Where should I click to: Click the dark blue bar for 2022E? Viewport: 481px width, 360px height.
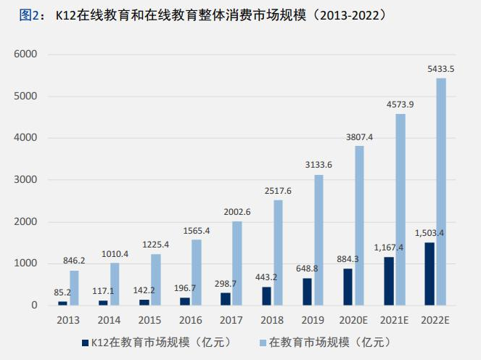pyautogui.click(x=429, y=274)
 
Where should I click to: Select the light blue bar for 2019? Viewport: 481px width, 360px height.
pyautogui.click(x=318, y=240)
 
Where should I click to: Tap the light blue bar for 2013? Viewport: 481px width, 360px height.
pyautogui.click(x=74, y=288)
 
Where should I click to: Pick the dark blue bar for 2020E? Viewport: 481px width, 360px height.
pyautogui.click(x=348, y=287)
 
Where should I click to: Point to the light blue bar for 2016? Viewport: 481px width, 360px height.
pyautogui.click(x=197, y=272)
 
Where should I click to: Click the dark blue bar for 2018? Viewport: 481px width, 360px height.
pyautogui.click(x=266, y=296)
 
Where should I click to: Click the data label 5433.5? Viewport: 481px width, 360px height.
pyautogui.click(x=441, y=69)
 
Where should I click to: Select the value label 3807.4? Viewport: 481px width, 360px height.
pyautogui.click(x=359, y=137)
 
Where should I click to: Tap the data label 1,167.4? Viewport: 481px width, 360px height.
pyautogui.click(x=388, y=247)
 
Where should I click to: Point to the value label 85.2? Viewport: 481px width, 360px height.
pyautogui.click(x=62, y=292)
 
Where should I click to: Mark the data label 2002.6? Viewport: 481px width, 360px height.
pyautogui.click(x=237, y=212)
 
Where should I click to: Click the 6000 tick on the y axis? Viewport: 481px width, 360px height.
pyautogui.click(x=25, y=54)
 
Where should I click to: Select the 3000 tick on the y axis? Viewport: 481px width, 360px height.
pyautogui.click(x=25, y=179)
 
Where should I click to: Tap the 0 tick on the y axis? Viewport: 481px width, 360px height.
pyautogui.click(x=34, y=305)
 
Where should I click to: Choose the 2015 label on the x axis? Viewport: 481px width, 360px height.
pyautogui.click(x=149, y=320)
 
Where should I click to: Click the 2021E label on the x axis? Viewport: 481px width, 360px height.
pyautogui.click(x=394, y=320)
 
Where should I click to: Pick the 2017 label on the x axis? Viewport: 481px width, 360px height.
pyautogui.click(x=231, y=320)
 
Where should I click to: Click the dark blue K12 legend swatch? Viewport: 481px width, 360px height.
pyautogui.click(x=86, y=343)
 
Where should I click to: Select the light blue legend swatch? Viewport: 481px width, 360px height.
pyautogui.click(x=263, y=343)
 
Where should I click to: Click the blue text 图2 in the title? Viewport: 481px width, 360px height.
pyautogui.click(x=29, y=15)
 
